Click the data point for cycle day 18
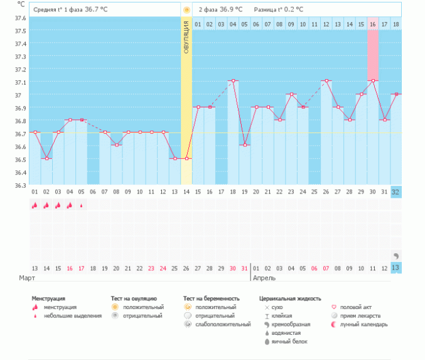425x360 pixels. point(233,80)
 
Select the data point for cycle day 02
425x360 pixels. point(46,158)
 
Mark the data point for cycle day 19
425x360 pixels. point(245,145)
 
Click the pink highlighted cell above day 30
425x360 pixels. point(373,53)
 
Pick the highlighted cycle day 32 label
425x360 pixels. point(395,191)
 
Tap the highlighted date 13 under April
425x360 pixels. point(395,268)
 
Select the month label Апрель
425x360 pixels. point(264,277)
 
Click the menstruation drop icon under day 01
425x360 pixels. point(35,205)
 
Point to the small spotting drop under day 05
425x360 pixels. point(81,205)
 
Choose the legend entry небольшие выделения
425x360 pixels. point(72,316)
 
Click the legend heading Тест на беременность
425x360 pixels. point(212,298)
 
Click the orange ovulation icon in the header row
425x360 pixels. point(186,9)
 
